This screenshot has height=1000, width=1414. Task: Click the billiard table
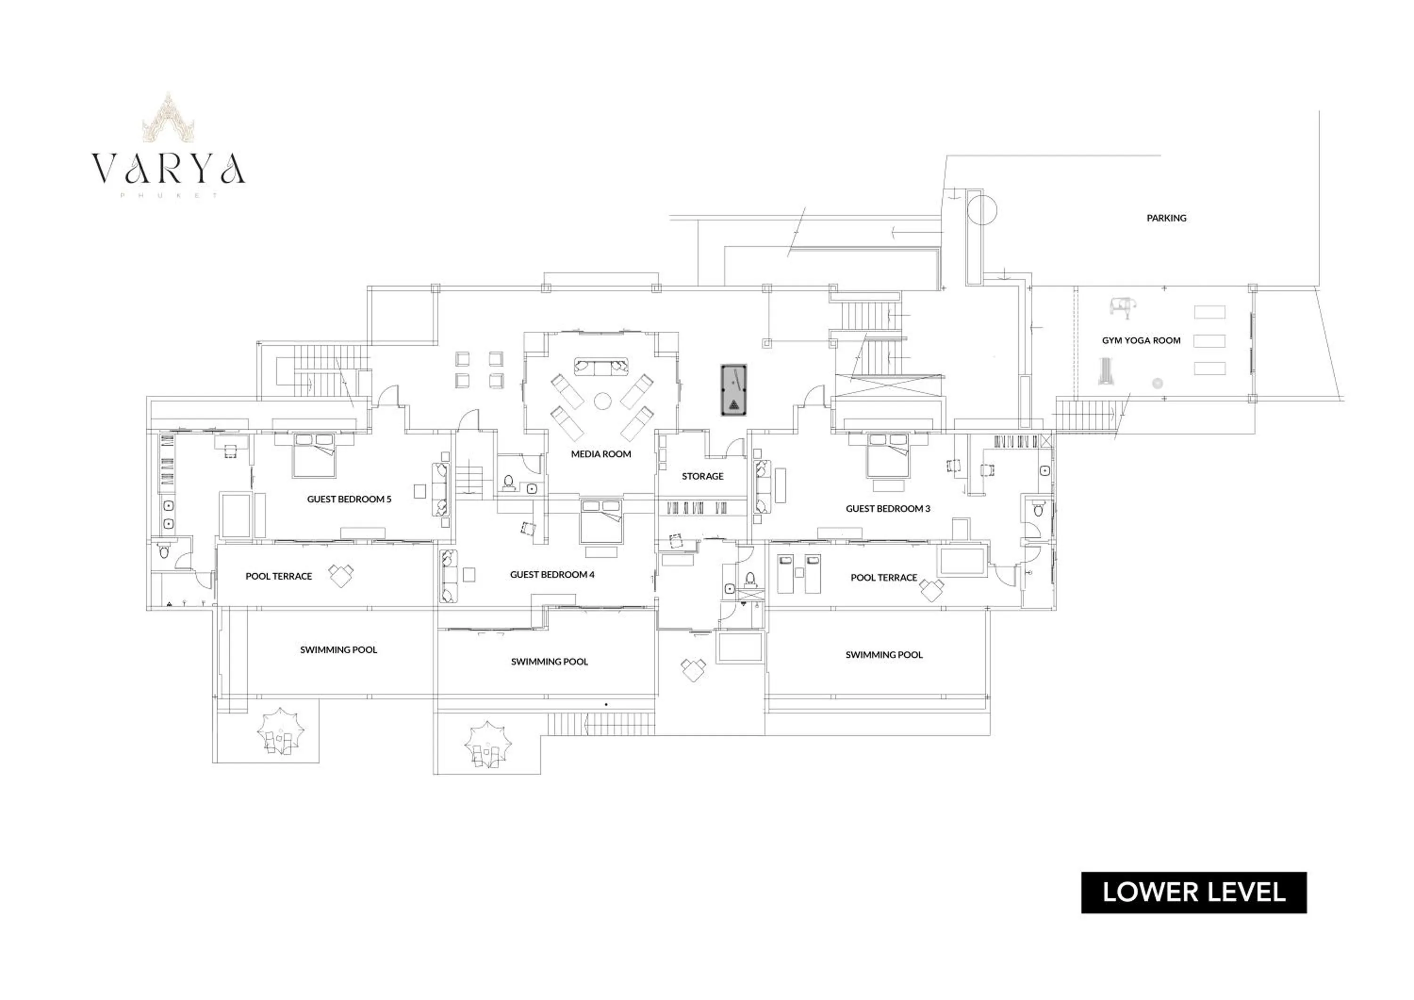coord(733,389)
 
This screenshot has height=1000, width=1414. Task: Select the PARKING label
coord(1166,218)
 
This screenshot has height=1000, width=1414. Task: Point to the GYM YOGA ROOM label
coord(1141,341)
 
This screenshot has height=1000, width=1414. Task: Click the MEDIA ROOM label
coord(600,454)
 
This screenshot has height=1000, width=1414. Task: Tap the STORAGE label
coord(702,476)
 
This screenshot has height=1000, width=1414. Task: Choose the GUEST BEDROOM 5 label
coord(349,499)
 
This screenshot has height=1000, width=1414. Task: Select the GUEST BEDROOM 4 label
coord(552,574)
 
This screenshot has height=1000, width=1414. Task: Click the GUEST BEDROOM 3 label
coord(888,508)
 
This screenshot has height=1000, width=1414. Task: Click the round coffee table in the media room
coord(602,402)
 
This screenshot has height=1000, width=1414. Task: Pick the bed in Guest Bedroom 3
coord(888,455)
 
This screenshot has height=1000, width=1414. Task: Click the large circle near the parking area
coord(982,209)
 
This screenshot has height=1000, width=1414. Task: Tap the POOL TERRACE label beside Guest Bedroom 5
coord(279,576)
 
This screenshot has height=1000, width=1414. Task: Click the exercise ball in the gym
coord(1157,383)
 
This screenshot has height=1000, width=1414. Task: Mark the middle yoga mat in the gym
coord(1209,341)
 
